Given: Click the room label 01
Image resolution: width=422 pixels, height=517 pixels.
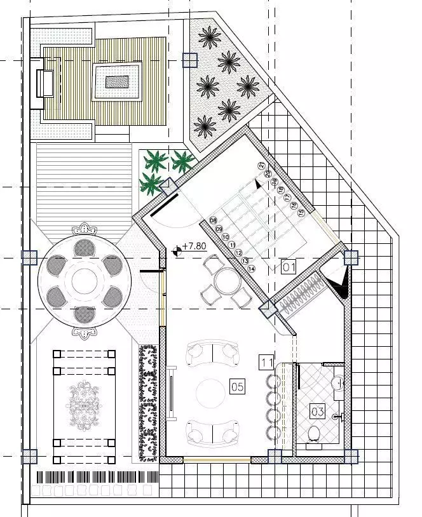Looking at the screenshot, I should [289, 267].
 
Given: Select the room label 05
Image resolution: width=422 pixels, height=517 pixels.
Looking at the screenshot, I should [237, 385].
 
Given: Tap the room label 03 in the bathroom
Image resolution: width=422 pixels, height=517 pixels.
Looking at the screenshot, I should [317, 412].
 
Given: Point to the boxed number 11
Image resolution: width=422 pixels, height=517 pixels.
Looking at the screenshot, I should [267, 363].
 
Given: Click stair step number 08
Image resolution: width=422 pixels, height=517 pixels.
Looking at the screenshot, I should [214, 220].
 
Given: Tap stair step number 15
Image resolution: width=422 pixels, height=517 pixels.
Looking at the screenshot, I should [301, 212].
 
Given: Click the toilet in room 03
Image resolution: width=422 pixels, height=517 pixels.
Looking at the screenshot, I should [313, 434].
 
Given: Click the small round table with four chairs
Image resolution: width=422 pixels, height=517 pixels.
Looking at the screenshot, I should [224, 279].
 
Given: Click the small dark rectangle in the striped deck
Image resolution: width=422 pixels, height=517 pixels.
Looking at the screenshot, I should [117, 81].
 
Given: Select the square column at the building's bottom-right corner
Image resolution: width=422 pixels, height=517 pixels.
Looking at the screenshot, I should [350, 456].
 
